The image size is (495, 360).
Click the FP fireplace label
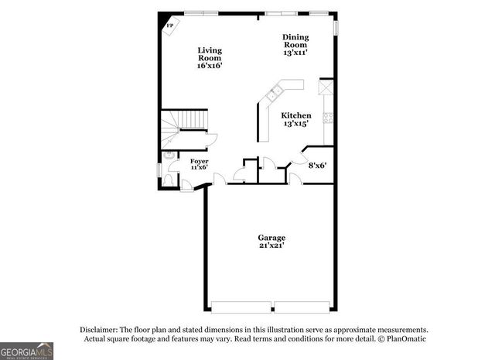tap(169, 24)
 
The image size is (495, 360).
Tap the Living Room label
tap(209, 54)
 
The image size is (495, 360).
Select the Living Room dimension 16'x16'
tap(209, 67)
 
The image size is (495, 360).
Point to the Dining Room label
tap(295, 40)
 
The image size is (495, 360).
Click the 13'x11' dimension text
tap(295, 53)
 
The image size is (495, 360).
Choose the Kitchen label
tap(295, 115)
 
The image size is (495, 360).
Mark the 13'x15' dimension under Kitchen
tap(295, 124)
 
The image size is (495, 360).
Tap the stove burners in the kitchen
tap(328, 118)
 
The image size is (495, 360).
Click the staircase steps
tap(186, 122)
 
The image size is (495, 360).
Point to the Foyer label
tap(200, 160)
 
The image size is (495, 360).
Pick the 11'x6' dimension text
tap(200, 167)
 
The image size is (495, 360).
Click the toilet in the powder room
tap(168, 179)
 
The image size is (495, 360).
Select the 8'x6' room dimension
tap(318, 165)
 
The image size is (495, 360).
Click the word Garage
tap(271, 237)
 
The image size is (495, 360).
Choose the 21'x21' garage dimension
tap(271, 245)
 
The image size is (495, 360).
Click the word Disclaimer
tap(99, 329)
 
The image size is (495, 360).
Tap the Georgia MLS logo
tap(27, 351)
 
